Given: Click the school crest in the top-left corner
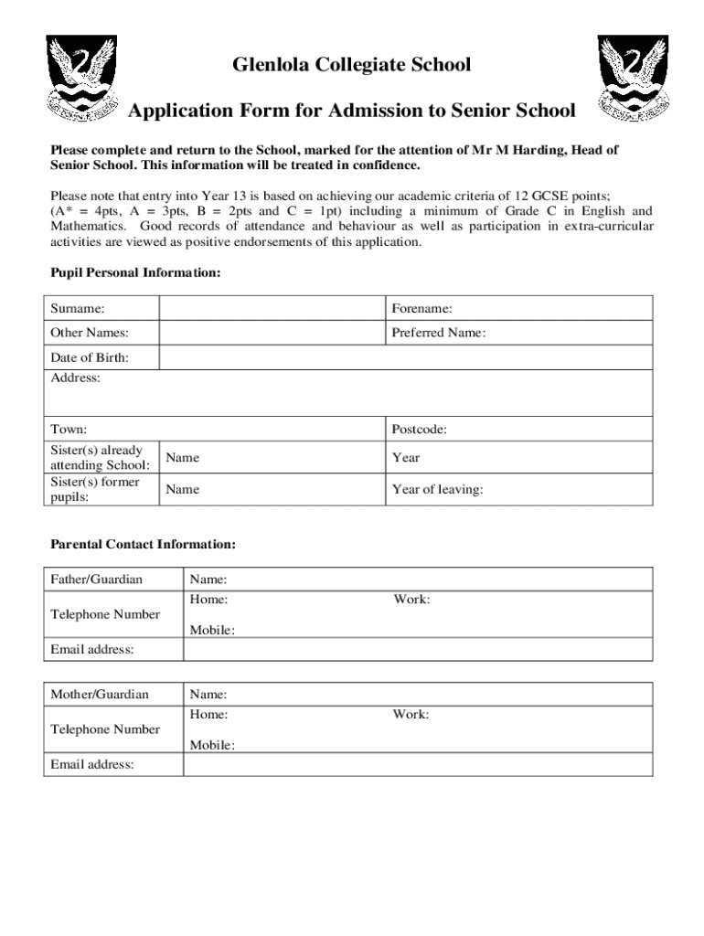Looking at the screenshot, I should pyautogui.click(x=82, y=80).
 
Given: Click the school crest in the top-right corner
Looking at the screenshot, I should pyautogui.click(x=633, y=80).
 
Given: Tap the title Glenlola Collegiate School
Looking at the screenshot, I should pyautogui.click(x=352, y=65).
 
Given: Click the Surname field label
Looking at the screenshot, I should pyautogui.click(x=78, y=309).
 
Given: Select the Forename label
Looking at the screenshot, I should pyautogui.click(x=422, y=309).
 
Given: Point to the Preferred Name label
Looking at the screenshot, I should pyautogui.click(x=439, y=333).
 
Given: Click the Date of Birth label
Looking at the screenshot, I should pyautogui.click(x=90, y=357).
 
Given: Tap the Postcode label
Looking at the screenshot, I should pyautogui.click(x=420, y=429).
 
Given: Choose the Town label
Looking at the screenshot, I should pyautogui.click(x=69, y=429).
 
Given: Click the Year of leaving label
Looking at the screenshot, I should pyautogui.click(x=438, y=490).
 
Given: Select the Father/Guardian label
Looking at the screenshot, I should pyautogui.click(x=97, y=579).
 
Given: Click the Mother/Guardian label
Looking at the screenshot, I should pyautogui.click(x=100, y=695).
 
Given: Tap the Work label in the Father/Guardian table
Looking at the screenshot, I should pyautogui.click(x=411, y=600).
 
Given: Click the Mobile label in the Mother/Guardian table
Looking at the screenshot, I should pyautogui.click(x=212, y=745).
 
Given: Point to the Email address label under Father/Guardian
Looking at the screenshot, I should pyautogui.click(x=92, y=649).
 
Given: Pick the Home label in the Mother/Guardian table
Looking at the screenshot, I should pyautogui.click(x=208, y=715).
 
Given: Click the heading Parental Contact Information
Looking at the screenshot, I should pyautogui.click(x=143, y=545).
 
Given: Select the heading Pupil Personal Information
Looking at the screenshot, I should pyautogui.click(x=135, y=273).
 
